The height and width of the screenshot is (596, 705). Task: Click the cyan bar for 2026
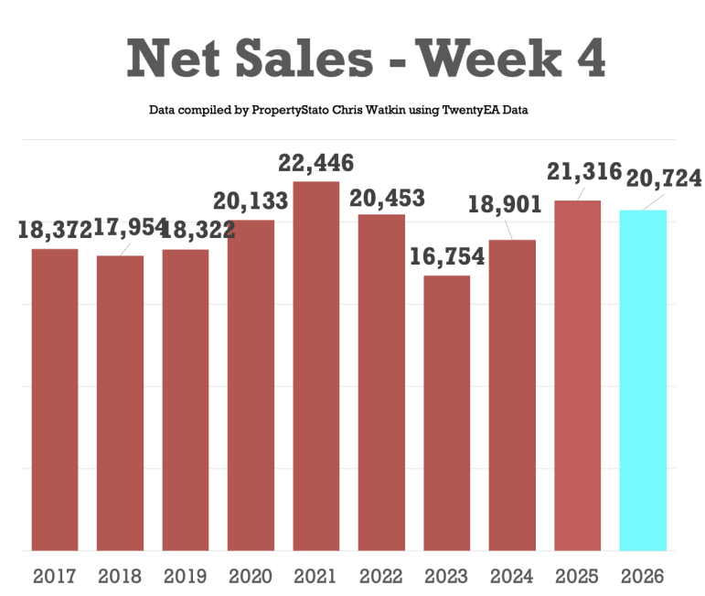(642, 380)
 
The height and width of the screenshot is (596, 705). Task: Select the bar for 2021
(316, 366)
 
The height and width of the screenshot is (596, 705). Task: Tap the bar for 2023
(447, 413)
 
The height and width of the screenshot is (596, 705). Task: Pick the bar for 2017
(55, 399)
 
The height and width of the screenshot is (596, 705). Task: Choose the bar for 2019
(186, 400)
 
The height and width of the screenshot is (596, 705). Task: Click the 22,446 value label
(316, 165)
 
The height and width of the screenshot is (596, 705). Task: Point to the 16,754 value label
(447, 257)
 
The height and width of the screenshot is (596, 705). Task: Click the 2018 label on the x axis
(120, 577)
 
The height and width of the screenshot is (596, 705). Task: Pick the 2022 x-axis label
(381, 577)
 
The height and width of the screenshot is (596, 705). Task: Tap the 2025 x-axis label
(577, 577)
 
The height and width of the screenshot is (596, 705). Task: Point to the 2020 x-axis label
(251, 577)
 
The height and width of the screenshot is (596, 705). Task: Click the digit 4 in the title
(591, 60)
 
